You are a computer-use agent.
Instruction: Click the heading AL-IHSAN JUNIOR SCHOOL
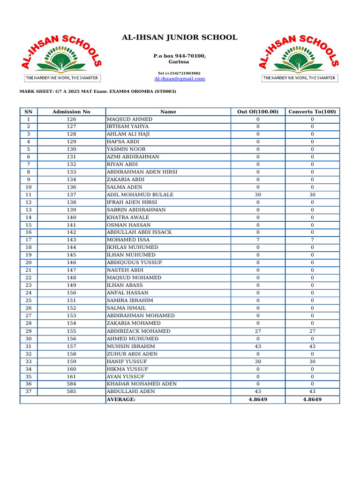[x=180, y=37]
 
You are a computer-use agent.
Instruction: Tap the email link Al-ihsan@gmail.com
[x=180, y=79]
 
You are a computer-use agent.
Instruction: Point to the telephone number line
[x=179, y=73]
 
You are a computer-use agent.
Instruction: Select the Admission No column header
[x=71, y=112]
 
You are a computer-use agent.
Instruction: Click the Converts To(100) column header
[x=312, y=112]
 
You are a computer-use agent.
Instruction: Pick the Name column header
[x=168, y=112]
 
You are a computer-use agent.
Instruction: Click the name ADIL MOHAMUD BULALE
[x=140, y=195]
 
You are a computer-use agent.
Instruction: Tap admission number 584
[x=71, y=384]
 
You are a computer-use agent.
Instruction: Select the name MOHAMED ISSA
[x=128, y=240]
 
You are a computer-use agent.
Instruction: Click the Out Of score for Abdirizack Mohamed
[x=258, y=331]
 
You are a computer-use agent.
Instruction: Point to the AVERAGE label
[x=121, y=399]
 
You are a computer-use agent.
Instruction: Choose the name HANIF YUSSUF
[x=127, y=361]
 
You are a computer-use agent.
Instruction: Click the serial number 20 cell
[x=29, y=262]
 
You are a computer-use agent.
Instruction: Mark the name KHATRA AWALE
[x=128, y=217]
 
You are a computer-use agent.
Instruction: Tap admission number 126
[x=71, y=120]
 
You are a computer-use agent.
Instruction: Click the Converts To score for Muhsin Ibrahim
[x=312, y=346]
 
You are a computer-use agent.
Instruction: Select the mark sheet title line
[x=97, y=91]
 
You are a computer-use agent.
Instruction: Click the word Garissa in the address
[x=180, y=62]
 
